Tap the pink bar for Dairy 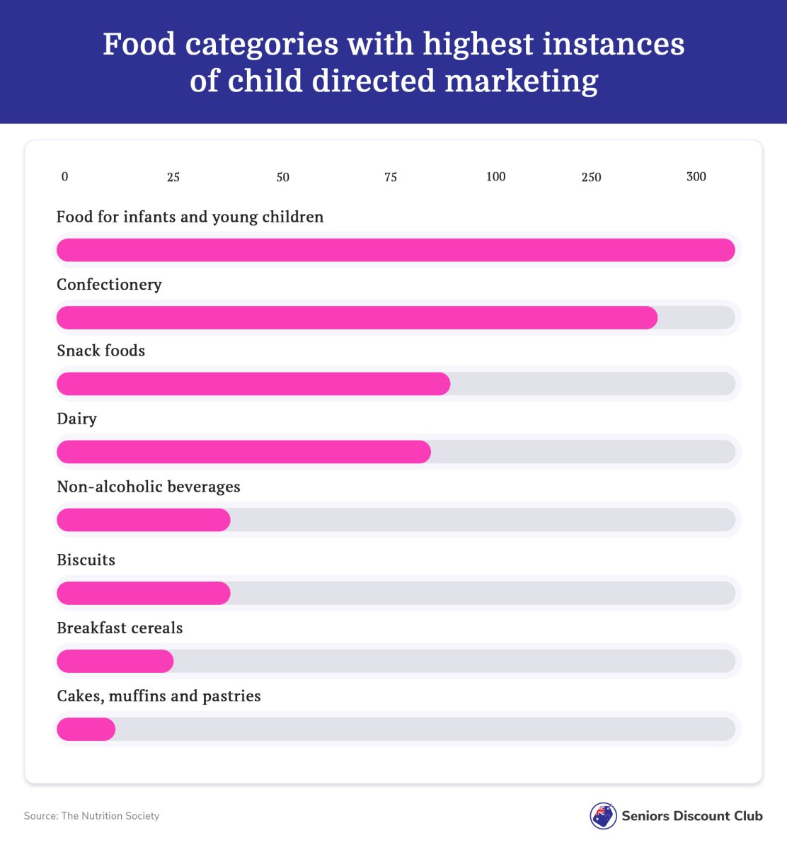(243, 452)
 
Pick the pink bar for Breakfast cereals (115, 662)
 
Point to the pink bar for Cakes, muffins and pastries (86, 730)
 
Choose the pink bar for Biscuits (143, 594)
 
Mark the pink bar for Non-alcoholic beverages (143, 520)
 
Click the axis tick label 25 (173, 177)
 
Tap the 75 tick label (391, 177)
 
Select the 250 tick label (591, 177)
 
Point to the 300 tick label (696, 176)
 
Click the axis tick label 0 (65, 177)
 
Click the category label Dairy (76, 419)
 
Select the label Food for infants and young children (190, 217)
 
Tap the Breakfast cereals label (120, 628)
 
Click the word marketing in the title (522, 81)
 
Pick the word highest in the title (478, 45)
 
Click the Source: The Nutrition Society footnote (91, 816)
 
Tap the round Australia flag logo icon (603, 816)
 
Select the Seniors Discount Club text (692, 816)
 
